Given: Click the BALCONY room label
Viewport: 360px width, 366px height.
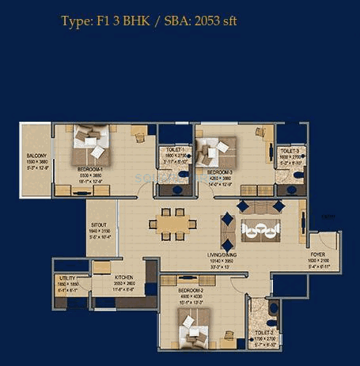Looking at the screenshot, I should pos(36,156).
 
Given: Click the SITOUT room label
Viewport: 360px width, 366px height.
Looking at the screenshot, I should pos(99,225).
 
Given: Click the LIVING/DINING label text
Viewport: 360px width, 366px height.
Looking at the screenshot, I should pos(244,255).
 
